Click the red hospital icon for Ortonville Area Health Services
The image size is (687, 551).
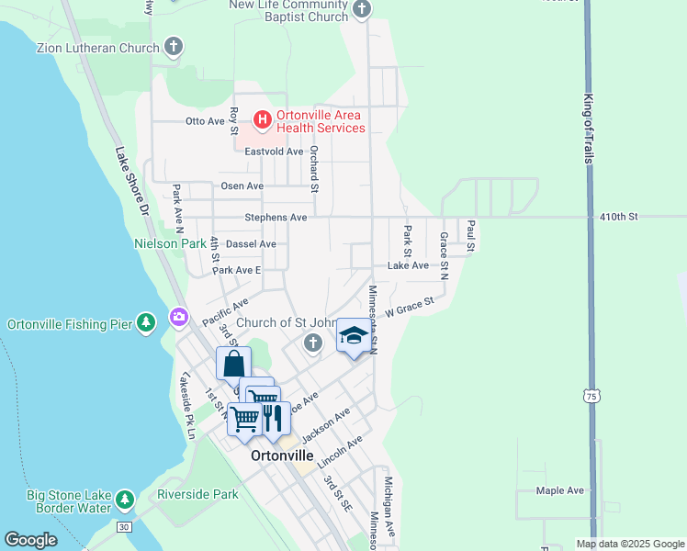262,119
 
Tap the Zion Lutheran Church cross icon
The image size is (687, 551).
174,47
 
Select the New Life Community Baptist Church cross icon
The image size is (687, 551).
362,9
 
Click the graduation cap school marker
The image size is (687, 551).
353,335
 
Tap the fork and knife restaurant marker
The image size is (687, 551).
273,418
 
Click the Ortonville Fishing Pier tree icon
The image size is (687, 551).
146,323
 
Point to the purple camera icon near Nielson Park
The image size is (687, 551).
178,318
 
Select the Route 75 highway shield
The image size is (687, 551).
590,395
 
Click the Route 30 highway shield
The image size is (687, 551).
123,526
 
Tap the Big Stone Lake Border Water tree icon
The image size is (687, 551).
124,500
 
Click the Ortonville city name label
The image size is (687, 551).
282,455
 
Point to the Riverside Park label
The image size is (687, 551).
197,494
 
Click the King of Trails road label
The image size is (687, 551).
588,128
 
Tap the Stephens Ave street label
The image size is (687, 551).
276,218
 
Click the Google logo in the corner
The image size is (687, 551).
30,539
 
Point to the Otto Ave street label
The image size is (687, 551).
205,120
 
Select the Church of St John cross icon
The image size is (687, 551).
312,343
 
